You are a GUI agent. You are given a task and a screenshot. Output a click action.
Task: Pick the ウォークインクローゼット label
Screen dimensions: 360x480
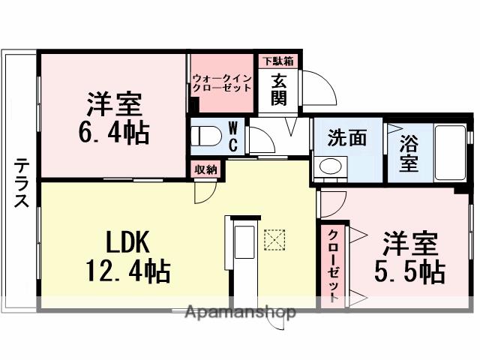point(223,82)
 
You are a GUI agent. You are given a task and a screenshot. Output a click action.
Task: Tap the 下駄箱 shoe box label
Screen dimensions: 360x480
point(278,60)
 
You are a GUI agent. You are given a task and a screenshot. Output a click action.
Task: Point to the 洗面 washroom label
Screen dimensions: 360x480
point(346,137)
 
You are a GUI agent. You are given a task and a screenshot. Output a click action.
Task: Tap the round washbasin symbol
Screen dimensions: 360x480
point(329,166)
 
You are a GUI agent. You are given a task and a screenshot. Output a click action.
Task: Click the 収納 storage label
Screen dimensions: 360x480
point(205,169)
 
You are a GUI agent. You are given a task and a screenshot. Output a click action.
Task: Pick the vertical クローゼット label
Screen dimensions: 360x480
point(331,263)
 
